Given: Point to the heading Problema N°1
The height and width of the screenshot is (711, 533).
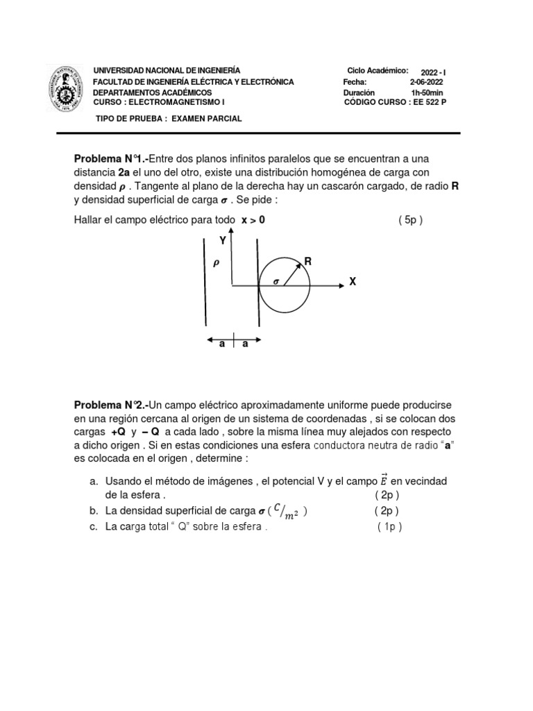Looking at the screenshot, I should [x=111, y=160].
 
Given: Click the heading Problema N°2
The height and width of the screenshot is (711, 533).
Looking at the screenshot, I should [x=111, y=405].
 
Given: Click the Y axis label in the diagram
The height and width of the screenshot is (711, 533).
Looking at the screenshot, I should [x=223, y=241].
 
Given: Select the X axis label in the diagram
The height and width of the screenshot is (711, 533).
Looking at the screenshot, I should [x=353, y=283].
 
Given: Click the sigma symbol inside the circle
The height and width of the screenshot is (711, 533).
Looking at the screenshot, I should [x=275, y=282].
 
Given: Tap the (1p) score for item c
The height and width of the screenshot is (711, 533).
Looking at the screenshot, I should [x=389, y=527].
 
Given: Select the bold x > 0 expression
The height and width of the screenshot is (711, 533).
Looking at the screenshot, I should [x=253, y=220].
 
